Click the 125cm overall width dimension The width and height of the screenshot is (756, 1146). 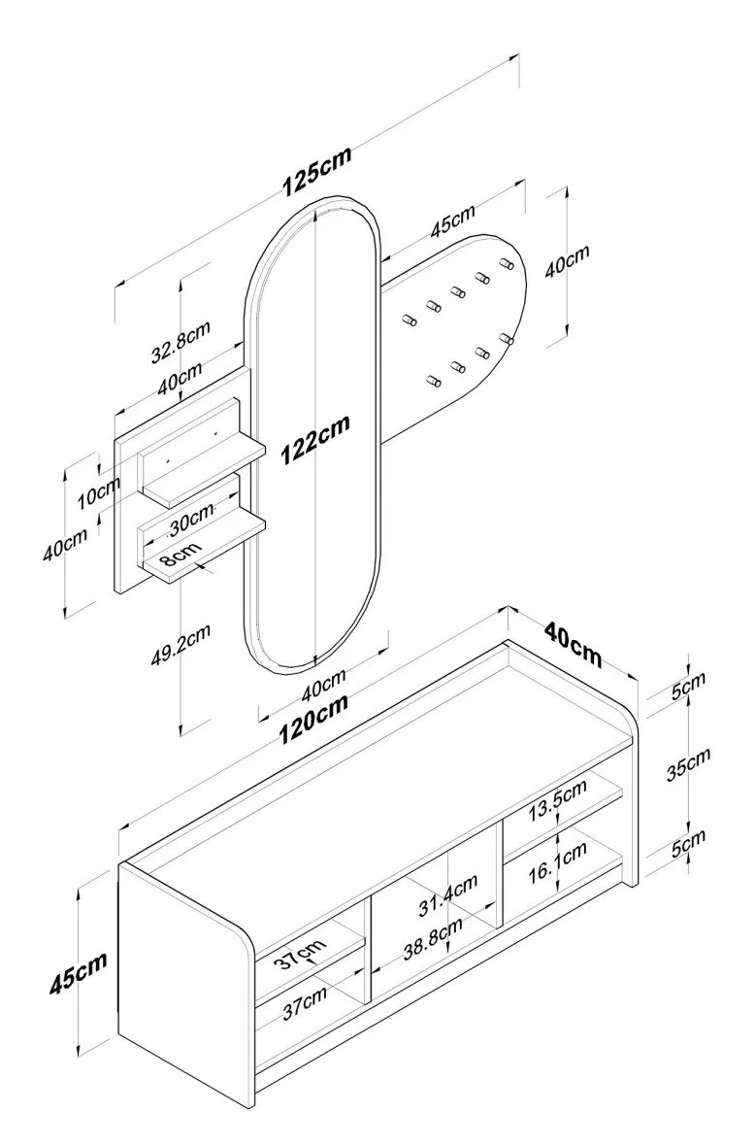[x=316, y=172]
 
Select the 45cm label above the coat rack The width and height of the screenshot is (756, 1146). [x=452, y=222]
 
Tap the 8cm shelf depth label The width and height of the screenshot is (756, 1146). [x=181, y=555]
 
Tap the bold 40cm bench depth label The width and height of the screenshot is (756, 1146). [x=573, y=644]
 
